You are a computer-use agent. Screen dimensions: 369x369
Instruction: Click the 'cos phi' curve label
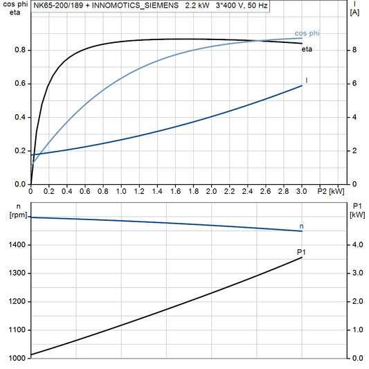pos(306,33)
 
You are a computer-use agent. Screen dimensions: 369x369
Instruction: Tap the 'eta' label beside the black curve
pos(306,48)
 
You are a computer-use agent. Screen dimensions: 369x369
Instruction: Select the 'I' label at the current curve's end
pos(307,81)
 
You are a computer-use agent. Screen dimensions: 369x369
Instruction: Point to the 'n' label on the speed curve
pos(301,226)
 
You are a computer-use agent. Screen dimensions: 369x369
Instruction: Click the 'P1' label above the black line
pos(301,251)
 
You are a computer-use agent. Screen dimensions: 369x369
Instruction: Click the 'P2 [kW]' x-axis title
pos(330,190)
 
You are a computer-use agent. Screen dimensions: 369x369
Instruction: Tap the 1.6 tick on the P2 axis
pos(175,190)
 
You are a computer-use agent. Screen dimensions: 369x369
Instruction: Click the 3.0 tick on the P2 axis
pos(302,190)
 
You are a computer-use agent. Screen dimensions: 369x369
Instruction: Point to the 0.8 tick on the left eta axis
pos(20,50)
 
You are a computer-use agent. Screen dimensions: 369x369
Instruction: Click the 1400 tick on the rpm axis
pos(17,245)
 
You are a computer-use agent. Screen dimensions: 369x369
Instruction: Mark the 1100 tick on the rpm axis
pos(17,330)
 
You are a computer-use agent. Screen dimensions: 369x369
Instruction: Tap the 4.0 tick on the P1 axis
pos(357,245)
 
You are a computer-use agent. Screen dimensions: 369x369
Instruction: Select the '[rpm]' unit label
pos(15,215)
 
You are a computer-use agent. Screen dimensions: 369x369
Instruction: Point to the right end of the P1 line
pos(303,258)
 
